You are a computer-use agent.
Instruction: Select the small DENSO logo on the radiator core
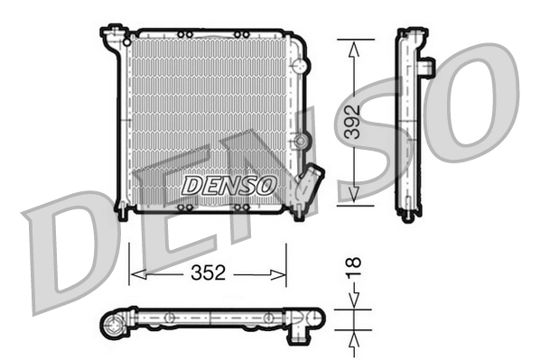click(x=229, y=185)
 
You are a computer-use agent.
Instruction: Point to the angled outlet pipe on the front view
click(x=312, y=182)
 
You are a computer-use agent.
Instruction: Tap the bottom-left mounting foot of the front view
click(x=122, y=211)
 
